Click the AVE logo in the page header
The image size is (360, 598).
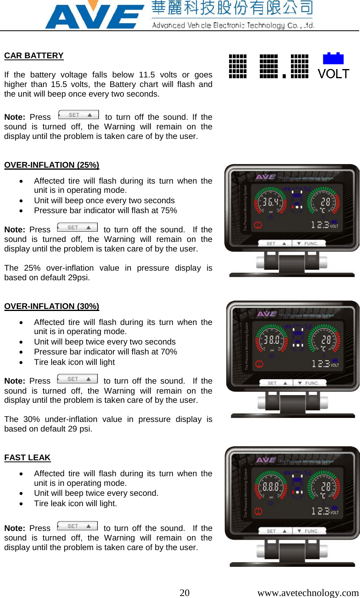click(94, 16)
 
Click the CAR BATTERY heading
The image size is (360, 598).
click(34, 55)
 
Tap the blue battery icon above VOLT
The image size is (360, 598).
click(333, 58)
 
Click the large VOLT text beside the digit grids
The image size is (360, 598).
click(334, 74)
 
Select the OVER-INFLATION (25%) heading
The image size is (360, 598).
click(51, 165)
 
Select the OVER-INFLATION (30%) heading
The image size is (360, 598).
click(51, 306)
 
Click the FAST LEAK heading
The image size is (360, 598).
click(27, 457)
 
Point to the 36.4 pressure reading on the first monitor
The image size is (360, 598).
click(270, 202)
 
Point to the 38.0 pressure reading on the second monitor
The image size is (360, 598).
click(271, 340)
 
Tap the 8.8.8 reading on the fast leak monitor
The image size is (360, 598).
click(270, 487)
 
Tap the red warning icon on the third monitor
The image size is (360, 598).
click(258, 511)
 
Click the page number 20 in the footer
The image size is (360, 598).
click(184, 592)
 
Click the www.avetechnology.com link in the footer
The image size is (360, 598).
click(308, 592)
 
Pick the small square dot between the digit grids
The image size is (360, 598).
click(284, 76)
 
